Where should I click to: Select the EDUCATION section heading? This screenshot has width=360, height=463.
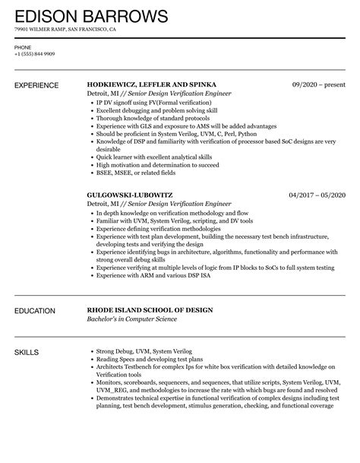(x=35, y=310)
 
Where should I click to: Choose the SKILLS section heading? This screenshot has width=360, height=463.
(x=27, y=352)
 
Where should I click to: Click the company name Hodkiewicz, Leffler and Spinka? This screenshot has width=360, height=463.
(x=152, y=84)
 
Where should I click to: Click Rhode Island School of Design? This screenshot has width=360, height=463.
(x=149, y=310)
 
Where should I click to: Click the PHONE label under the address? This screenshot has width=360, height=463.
(x=23, y=47)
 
